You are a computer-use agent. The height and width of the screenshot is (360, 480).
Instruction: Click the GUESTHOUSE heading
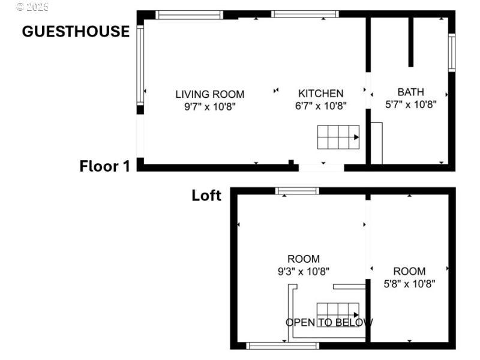tap(76, 31)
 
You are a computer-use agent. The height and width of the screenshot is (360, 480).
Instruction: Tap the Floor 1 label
tap(104, 166)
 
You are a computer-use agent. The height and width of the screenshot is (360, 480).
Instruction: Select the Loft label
tap(206, 195)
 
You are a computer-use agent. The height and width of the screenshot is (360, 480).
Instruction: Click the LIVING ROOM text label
tap(209, 94)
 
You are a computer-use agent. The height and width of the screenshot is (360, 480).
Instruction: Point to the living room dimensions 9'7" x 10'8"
tap(209, 106)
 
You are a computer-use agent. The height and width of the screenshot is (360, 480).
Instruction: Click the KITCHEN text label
tap(321, 93)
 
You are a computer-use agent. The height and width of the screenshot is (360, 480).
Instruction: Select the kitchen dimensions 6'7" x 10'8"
tap(321, 106)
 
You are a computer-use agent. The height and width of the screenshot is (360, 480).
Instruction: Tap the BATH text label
tap(410, 92)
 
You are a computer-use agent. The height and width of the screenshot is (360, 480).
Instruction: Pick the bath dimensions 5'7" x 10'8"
tap(410, 104)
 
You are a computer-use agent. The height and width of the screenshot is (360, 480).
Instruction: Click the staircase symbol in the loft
tap(338, 314)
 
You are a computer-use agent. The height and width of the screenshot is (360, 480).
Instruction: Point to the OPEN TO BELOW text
tap(329, 323)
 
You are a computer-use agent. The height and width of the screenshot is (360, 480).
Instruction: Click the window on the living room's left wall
tap(140, 65)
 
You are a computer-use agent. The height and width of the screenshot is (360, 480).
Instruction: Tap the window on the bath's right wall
tap(452, 53)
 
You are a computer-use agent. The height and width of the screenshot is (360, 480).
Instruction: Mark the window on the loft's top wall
tap(297, 191)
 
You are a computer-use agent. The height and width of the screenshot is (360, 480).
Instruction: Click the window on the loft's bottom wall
tap(283, 345)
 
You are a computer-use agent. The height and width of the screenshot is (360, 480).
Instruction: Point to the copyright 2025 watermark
tap(32, 7)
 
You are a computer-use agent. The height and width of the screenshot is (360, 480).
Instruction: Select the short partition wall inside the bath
tap(411, 42)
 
